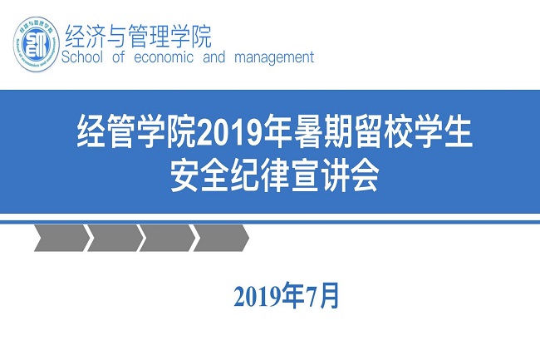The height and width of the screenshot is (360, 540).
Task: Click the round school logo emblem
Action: click(x=37, y=44)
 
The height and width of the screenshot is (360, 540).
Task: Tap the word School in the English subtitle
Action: click(x=82, y=57)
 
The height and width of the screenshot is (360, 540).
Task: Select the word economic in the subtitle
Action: click(x=163, y=57)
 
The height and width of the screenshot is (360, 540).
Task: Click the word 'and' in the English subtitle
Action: click(x=214, y=57)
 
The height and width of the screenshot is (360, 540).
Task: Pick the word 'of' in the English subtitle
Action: click(x=119, y=57)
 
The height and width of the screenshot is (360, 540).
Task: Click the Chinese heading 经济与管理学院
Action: click(x=138, y=36)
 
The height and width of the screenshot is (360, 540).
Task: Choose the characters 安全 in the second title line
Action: click(x=199, y=176)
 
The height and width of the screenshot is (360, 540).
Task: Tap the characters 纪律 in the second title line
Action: click(x=260, y=176)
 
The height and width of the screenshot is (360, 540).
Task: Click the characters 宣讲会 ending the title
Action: click(x=335, y=176)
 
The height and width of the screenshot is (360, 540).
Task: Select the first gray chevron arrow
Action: click(x=62, y=238)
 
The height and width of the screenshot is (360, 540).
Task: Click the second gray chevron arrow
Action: click(x=115, y=238)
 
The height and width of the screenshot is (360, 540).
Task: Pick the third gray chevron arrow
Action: click(x=168, y=238)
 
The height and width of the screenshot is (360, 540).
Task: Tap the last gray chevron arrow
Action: click(x=221, y=238)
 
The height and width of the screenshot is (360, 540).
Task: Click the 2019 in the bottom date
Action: click(x=258, y=297)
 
